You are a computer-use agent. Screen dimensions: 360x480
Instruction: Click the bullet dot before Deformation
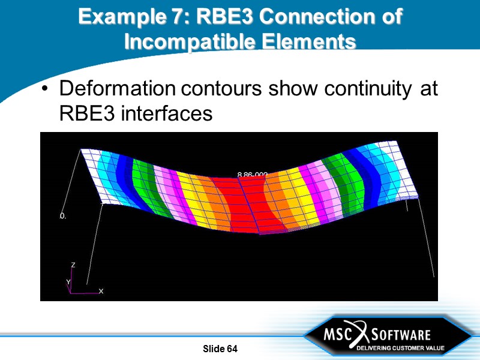[x=45, y=89]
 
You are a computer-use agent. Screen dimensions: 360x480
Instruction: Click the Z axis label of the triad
[x=73, y=265]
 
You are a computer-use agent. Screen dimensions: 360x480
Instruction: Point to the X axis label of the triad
[x=101, y=291]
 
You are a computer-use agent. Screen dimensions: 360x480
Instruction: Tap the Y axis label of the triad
[x=68, y=281]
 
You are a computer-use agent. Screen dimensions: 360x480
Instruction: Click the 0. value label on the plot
[x=62, y=216]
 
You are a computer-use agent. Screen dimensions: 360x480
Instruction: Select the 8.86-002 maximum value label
[x=252, y=175]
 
